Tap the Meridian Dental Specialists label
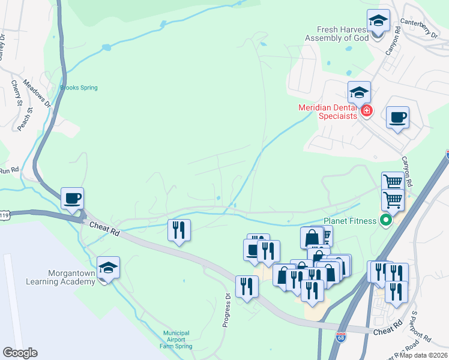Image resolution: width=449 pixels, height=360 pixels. pyautogui.click(x=328, y=112)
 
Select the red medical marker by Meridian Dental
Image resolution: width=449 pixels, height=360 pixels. pyautogui.click(x=366, y=111)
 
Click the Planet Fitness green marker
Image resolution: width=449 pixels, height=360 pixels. pyautogui.click(x=385, y=221)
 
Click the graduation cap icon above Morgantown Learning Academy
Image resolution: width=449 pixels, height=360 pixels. pyautogui.click(x=108, y=268)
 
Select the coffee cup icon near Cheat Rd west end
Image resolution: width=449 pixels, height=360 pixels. pyautogui.click(x=72, y=198)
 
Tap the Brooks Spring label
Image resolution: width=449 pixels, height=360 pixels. pyautogui.click(x=79, y=88)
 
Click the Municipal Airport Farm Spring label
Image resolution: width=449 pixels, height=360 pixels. pyautogui.click(x=176, y=340)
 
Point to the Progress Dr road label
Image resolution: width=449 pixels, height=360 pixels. pyautogui.click(x=227, y=310)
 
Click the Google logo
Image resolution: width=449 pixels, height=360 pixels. pyautogui.click(x=20, y=353)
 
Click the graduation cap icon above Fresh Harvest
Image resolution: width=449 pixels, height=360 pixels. pyautogui.click(x=378, y=22)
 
